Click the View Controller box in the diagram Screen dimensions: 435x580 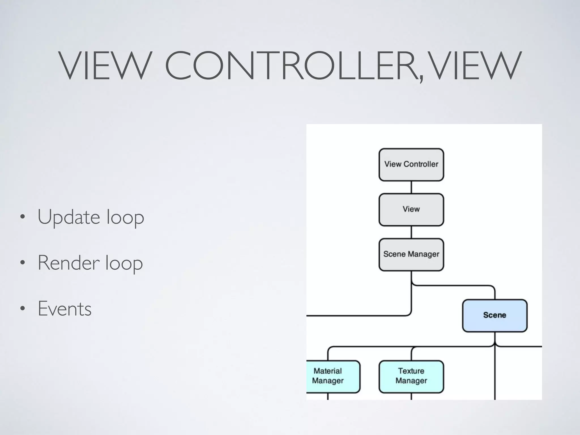tap(411, 165)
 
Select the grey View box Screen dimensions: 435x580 tap(411, 210)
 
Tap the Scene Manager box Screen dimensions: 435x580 tap(411, 255)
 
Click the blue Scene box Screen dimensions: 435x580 tap(494, 315)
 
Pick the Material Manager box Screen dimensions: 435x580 tap(331, 376)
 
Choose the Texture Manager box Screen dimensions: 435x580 tap(411, 376)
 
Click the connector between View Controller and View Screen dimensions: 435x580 tap(411, 187)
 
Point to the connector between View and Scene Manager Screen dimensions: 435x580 tap(411, 232)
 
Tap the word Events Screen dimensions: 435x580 tap(65, 309)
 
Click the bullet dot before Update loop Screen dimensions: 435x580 tap(23, 217)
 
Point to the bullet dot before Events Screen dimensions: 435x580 tap(23, 309)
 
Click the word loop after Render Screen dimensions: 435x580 tap(124, 264)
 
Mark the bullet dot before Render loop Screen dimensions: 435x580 tap(23, 263)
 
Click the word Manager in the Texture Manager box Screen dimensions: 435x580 tap(411, 381)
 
